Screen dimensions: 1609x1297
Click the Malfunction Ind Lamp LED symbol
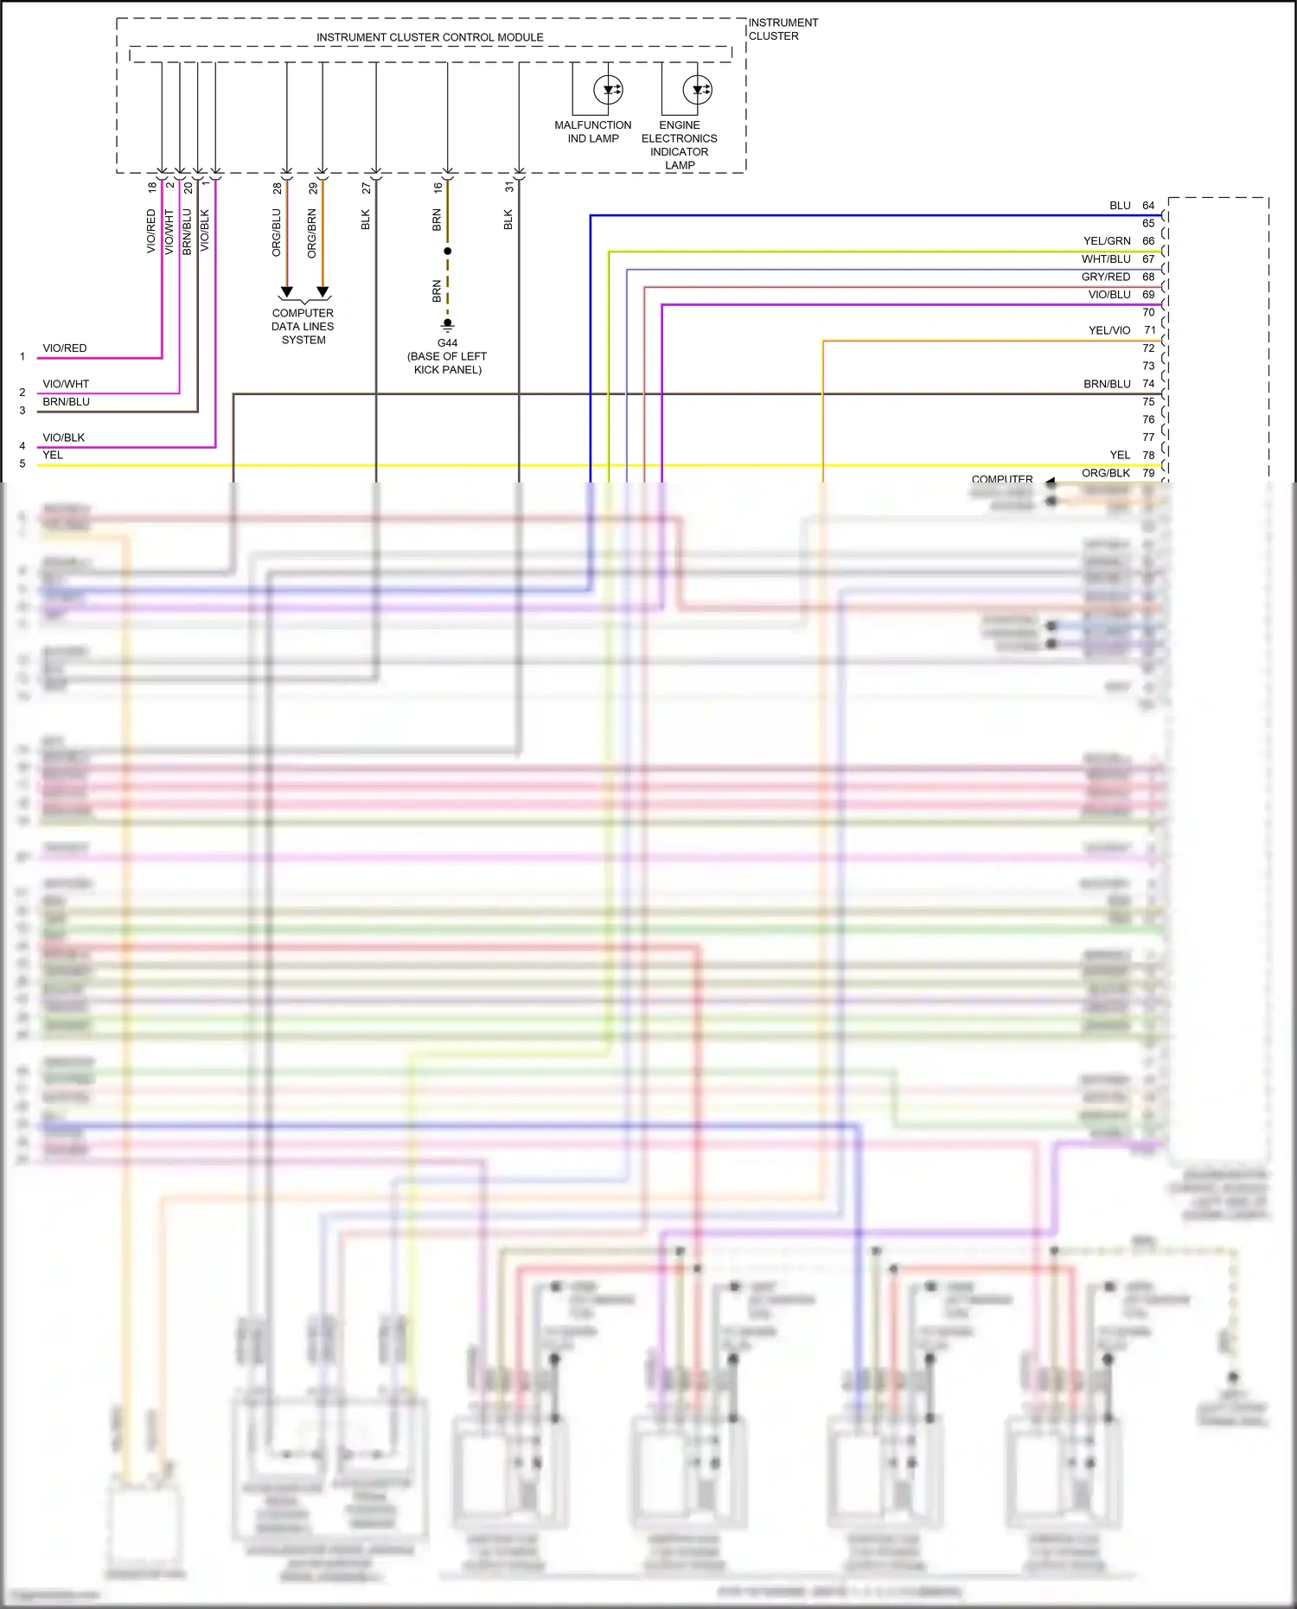tap(608, 90)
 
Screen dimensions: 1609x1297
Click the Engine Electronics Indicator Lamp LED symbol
tap(698, 90)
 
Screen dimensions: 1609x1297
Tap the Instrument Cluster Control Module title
tap(430, 37)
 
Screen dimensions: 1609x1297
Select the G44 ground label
tap(447, 343)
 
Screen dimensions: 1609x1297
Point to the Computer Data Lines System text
tap(303, 327)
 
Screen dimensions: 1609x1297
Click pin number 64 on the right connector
tap(1148, 206)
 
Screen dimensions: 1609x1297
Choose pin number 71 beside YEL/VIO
tap(1149, 330)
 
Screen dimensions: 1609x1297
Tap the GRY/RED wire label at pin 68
tap(1106, 277)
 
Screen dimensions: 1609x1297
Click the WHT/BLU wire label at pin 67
tap(1106, 259)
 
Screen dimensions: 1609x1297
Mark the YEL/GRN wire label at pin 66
tap(1107, 241)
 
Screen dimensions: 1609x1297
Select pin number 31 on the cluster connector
tap(509, 187)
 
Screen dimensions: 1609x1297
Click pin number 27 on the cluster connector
tap(367, 188)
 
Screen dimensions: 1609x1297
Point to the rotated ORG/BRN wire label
tap(312, 233)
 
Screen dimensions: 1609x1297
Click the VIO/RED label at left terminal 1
tap(65, 348)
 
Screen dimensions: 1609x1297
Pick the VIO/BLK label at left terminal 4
tap(64, 437)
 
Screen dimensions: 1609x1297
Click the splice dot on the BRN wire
tap(448, 252)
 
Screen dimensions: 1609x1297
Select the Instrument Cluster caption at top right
tap(783, 29)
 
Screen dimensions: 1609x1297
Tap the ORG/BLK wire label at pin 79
tap(1106, 473)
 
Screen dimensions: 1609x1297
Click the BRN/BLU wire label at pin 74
tap(1107, 384)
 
